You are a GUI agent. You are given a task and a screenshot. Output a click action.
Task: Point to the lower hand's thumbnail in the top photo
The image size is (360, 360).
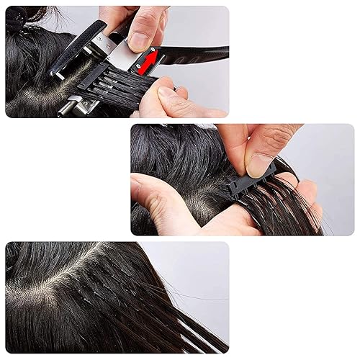pos(167,93)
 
